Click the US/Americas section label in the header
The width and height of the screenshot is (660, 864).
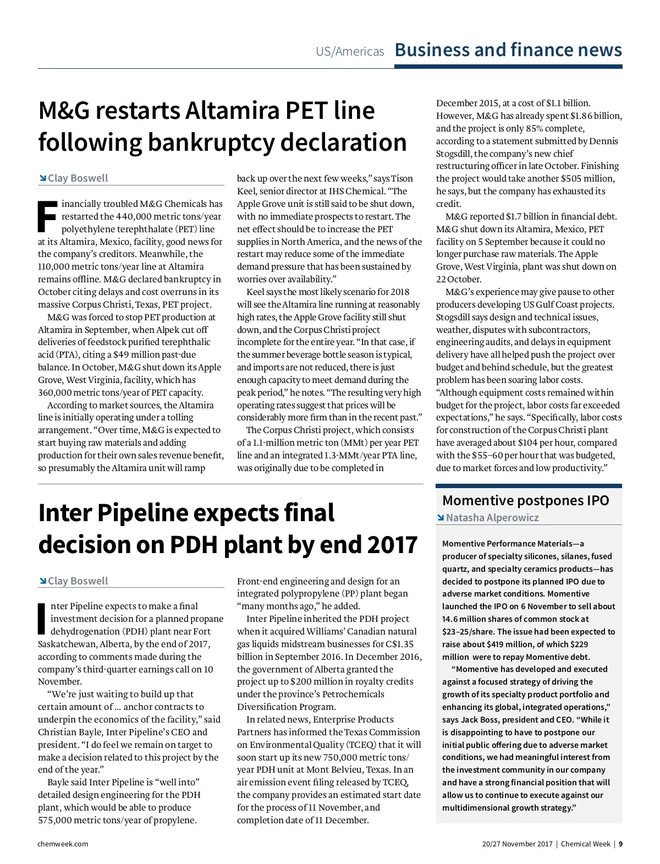point(350,52)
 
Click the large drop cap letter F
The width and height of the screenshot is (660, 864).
point(47,216)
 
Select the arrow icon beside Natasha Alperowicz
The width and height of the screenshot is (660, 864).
point(440,517)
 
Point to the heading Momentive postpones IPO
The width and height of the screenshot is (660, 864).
point(525,500)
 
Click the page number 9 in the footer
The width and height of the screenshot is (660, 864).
point(620,844)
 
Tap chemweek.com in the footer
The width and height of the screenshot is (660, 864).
point(63,844)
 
